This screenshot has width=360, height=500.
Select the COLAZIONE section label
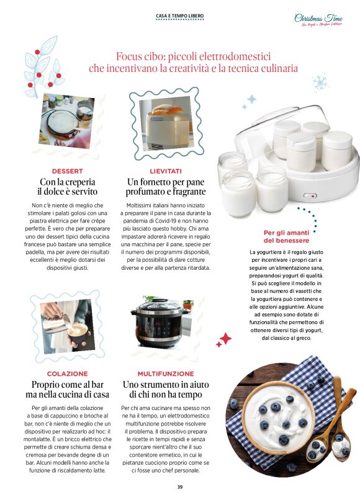coord(67,374)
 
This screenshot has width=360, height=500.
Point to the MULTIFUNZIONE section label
coord(166,374)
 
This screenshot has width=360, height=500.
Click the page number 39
coord(180,487)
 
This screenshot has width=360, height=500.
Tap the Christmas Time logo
coord(318,19)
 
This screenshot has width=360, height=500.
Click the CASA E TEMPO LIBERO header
coord(179,16)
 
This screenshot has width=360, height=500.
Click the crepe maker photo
coord(66,118)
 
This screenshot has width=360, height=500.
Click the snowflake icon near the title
coord(320,81)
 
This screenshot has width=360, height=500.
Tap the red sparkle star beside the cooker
coord(224,339)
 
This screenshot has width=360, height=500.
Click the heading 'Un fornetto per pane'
coord(166,182)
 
